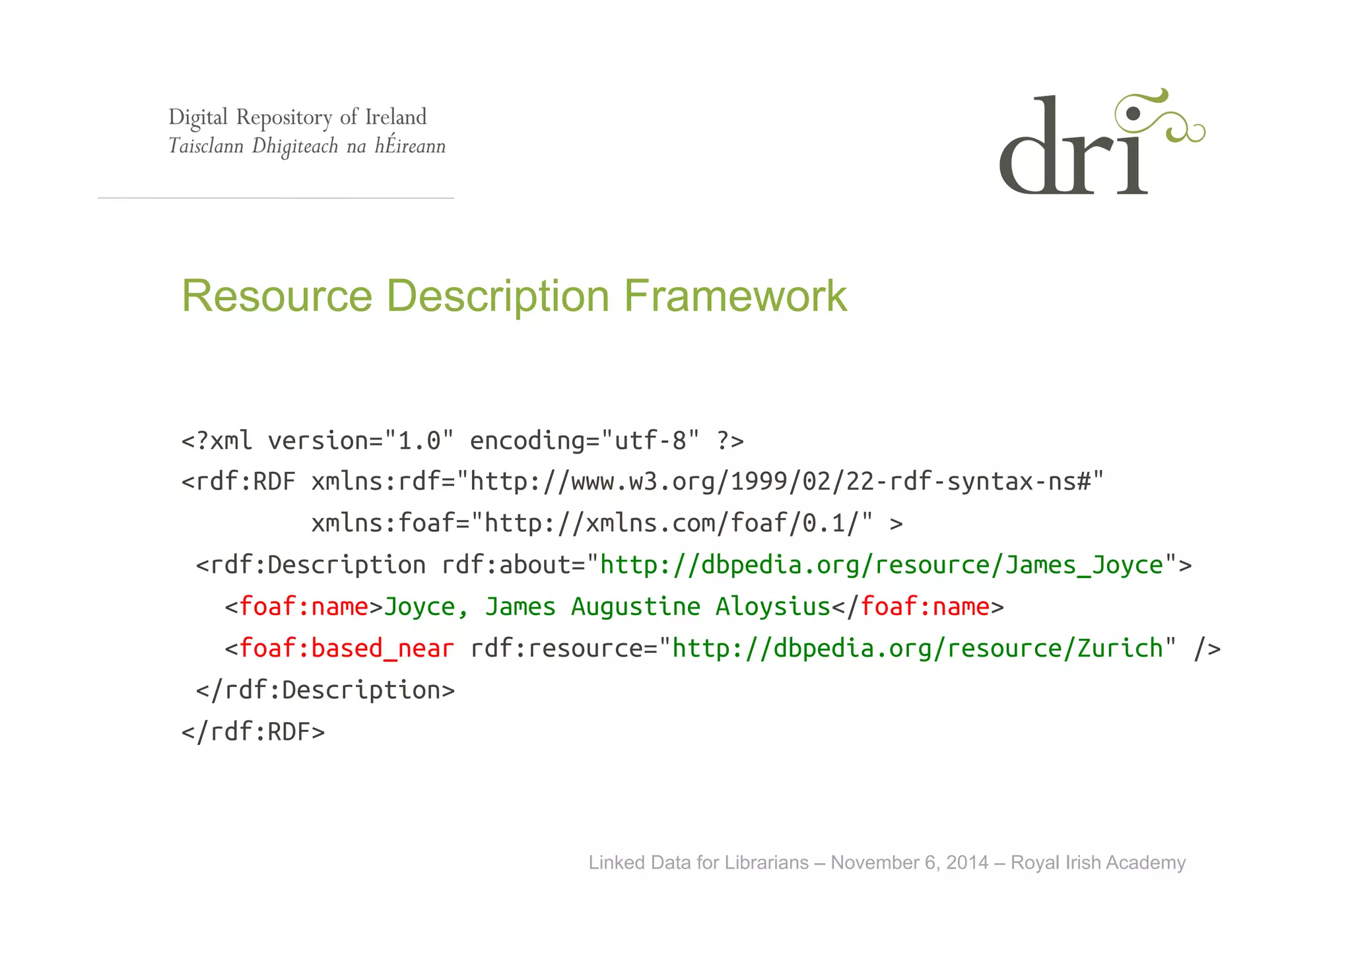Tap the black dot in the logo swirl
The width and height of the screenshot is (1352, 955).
click(x=1133, y=114)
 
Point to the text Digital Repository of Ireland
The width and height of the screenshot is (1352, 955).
click(x=297, y=117)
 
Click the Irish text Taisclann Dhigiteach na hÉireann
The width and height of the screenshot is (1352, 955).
click(x=307, y=146)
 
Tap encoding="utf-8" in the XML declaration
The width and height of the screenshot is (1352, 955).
click(x=584, y=440)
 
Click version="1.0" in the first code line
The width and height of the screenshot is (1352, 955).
click(x=360, y=440)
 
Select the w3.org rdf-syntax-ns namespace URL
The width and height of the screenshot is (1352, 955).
click(x=786, y=482)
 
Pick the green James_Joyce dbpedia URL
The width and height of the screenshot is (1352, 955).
click(x=881, y=565)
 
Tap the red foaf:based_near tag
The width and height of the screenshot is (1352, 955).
click(x=346, y=648)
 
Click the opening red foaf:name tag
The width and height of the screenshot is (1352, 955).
click(x=303, y=607)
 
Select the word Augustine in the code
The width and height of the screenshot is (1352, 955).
click(x=635, y=607)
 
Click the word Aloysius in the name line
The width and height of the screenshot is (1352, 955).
click(x=772, y=607)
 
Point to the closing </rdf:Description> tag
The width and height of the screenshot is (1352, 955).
click(x=325, y=690)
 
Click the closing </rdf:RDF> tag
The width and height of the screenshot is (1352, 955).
click(x=253, y=732)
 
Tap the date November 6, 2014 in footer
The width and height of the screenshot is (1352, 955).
click(x=909, y=863)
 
